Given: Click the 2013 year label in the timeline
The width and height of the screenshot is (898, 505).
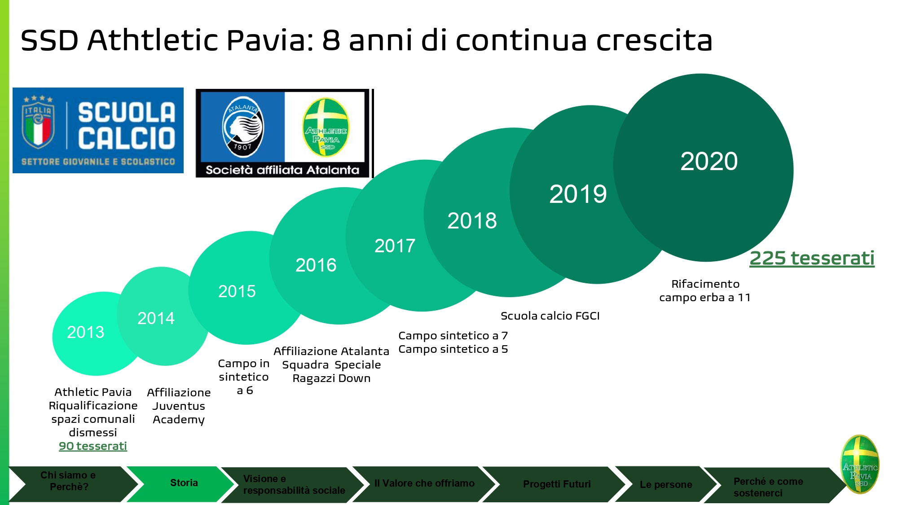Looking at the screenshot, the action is (x=86, y=332).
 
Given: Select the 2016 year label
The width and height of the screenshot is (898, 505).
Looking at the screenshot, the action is (x=316, y=265).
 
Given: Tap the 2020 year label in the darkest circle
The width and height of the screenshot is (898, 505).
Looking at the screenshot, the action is (x=709, y=161).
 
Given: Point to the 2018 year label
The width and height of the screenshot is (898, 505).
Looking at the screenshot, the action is (x=472, y=221).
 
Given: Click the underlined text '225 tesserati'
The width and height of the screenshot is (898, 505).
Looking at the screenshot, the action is (x=812, y=258).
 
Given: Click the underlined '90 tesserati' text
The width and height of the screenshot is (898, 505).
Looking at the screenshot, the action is (x=93, y=446).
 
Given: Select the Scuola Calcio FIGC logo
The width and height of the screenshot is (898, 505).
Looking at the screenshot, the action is (x=98, y=130).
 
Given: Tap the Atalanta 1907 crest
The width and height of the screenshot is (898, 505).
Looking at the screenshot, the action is (x=243, y=127).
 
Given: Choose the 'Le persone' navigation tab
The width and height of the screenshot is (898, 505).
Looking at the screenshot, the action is (x=666, y=484).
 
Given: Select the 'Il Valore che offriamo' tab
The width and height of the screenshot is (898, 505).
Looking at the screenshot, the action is (x=424, y=484).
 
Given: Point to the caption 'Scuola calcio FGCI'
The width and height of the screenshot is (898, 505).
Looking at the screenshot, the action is (x=550, y=316).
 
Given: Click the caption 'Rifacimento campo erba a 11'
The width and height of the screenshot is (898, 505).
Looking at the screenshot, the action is (x=705, y=290).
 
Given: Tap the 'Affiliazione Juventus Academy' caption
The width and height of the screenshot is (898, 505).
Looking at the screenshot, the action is (x=179, y=406).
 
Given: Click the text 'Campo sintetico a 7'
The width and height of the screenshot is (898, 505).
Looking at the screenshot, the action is (x=453, y=336).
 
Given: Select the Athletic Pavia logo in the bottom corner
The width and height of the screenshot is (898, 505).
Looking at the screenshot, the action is (x=860, y=464).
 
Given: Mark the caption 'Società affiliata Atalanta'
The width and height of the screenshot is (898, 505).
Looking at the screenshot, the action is (x=282, y=170).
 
